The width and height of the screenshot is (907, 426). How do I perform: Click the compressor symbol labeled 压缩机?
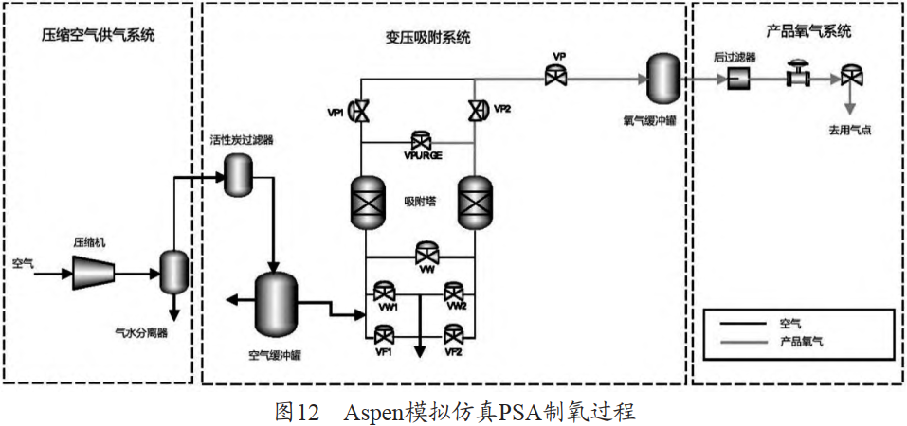91,273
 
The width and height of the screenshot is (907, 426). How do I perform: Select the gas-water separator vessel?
172,272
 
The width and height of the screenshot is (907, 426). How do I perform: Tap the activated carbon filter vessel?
234,175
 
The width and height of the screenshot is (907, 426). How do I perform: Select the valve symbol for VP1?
360,112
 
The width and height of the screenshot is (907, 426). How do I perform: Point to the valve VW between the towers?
427,254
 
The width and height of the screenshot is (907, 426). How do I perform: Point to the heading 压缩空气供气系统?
98,36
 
